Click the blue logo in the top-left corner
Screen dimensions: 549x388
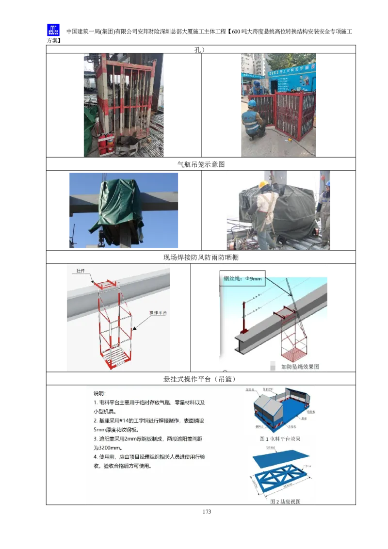point(52,31)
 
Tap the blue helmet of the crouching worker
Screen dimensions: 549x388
point(252,104)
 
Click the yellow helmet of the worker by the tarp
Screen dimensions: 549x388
point(263,184)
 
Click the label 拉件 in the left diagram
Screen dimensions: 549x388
point(81,270)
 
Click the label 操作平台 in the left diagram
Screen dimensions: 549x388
point(158,313)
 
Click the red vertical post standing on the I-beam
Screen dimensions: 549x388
point(243,318)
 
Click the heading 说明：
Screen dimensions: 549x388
point(99,393)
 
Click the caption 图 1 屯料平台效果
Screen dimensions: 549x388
point(280,438)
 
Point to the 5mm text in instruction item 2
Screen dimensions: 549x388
point(99,430)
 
